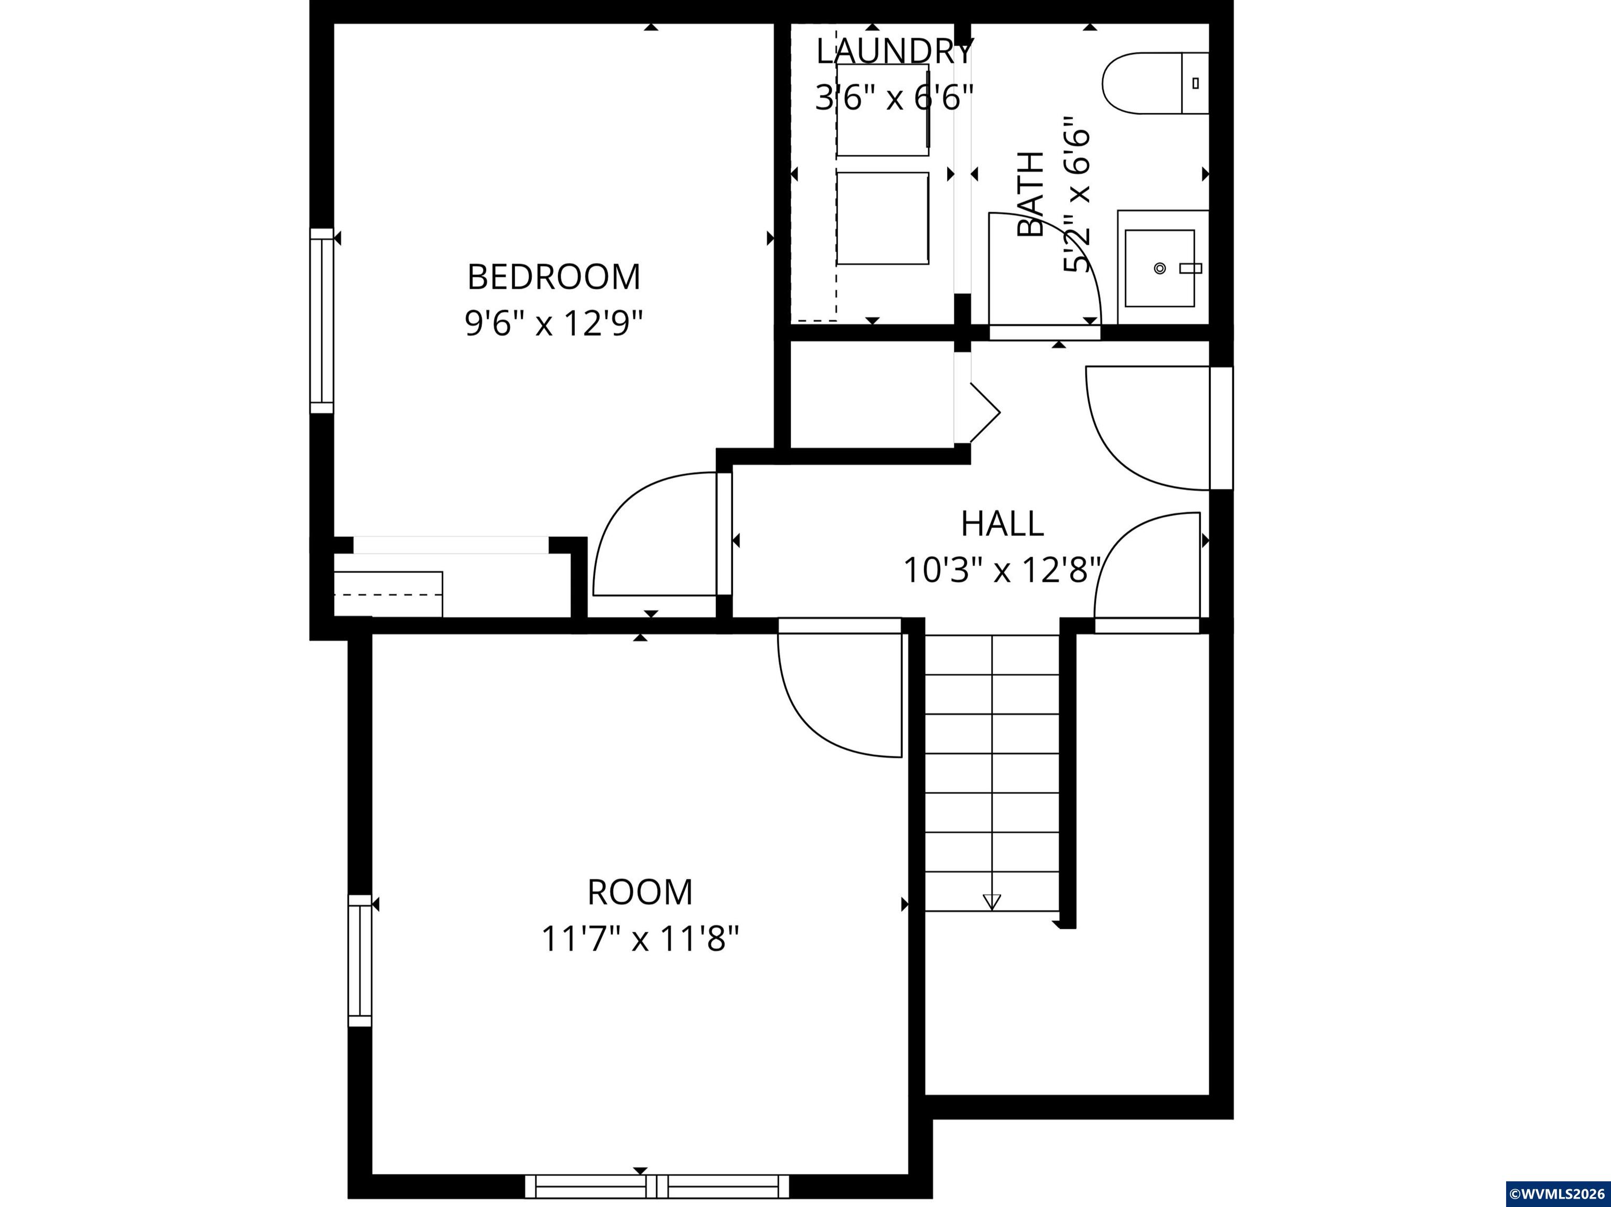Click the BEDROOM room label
click(x=553, y=277)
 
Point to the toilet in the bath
click(x=1156, y=83)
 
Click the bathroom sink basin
click(x=1160, y=268)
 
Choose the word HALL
click(x=1002, y=524)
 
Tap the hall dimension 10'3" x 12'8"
click(x=1002, y=570)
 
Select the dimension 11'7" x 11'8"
click(x=640, y=939)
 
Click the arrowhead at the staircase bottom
click(x=992, y=902)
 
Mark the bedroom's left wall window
click(x=322, y=321)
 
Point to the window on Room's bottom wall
click(x=657, y=1186)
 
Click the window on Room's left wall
click(x=360, y=960)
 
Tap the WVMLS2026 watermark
click(x=1557, y=1194)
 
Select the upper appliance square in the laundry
click(x=883, y=110)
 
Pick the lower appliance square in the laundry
click(x=883, y=219)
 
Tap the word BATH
click(x=1030, y=194)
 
